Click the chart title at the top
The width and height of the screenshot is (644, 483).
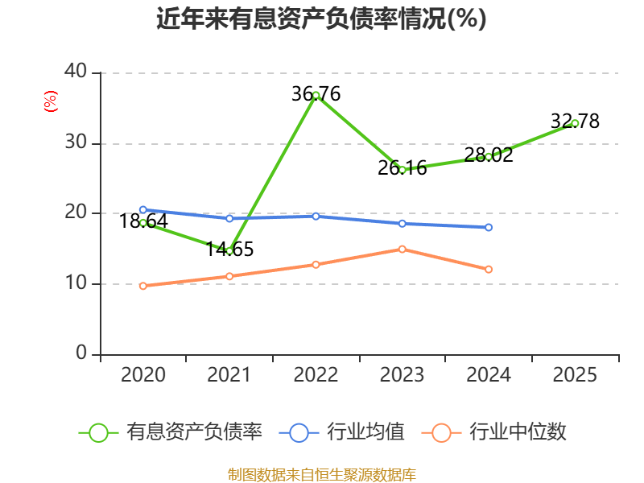(321, 19)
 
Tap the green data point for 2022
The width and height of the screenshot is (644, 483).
(316, 96)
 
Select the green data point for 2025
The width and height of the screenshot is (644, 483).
(575, 123)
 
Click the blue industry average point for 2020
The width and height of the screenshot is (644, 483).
(143, 210)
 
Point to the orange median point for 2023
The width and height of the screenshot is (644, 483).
(402, 250)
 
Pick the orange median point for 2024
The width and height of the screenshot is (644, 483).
(489, 270)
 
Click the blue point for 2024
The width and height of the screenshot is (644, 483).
(489, 228)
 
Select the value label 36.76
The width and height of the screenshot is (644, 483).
(316, 94)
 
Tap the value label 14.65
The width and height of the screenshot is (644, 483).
(229, 250)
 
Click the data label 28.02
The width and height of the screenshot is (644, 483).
(489, 155)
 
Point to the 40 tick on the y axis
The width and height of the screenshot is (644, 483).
(76, 71)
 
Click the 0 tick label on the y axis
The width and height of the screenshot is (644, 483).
(81, 353)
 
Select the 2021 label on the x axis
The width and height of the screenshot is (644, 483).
(229, 375)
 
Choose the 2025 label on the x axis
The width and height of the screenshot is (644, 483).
(575, 375)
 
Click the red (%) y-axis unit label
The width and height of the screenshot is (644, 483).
(51, 101)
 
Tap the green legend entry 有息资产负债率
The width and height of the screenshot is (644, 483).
(171, 432)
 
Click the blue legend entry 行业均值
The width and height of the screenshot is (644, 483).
(341, 432)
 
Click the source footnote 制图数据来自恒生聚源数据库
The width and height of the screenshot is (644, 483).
(322, 475)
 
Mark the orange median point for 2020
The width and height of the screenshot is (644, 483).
(143, 286)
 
